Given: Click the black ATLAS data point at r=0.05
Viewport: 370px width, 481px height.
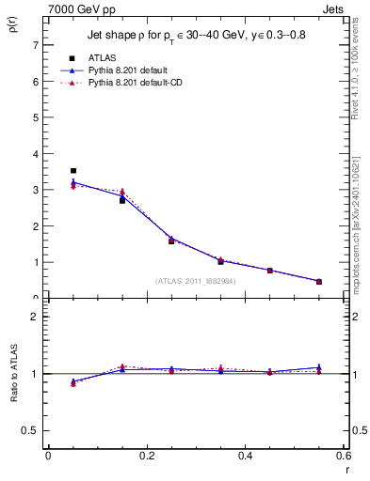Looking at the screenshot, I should click(x=73, y=171).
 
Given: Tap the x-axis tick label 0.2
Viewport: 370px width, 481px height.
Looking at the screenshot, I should click(x=146, y=456).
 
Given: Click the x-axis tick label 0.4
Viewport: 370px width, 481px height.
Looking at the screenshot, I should click(x=245, y=456).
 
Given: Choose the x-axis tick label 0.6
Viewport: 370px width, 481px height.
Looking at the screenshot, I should click(x=343, y=456).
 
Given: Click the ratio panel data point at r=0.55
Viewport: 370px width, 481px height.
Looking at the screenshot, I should click(x=318, y=368).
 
